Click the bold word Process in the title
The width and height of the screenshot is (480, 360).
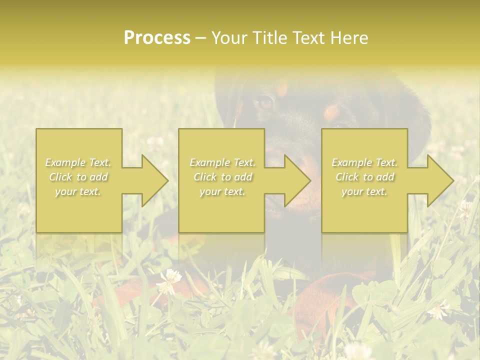coord(157,38)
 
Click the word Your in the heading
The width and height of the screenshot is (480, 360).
coord(227,38)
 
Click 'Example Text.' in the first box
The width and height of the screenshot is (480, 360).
coord(78,162)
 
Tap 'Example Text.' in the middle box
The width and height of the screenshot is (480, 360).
coord(222,162)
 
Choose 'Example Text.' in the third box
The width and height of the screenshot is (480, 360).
coord(364,162)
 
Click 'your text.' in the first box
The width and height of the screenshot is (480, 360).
coord(78,191)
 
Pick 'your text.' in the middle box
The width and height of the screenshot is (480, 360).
coord(222,191)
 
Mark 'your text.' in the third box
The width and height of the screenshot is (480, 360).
coord(364,191)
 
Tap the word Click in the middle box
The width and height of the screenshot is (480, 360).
coord(205,177)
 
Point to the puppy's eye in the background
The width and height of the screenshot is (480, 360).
coord(263,102)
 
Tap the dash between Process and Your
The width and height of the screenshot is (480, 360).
coord(200,38)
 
